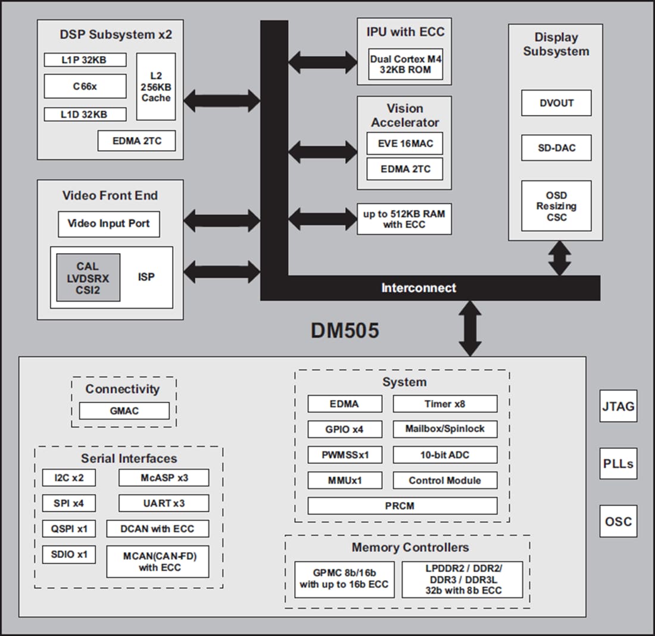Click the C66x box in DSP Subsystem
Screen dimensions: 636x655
pos(85,86)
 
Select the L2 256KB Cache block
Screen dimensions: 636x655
pos(156,86)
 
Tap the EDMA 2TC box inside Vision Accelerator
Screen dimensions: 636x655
pos(405,169)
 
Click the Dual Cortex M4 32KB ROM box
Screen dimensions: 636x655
pos(406,64)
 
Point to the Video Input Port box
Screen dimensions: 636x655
pos(108,224)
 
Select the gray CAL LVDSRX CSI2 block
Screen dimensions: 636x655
pos(88,278)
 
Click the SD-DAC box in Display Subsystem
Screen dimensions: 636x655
pos(556,148)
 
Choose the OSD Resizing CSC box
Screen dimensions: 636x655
pos(556,206)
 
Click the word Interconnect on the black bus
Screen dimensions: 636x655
pos(419,288)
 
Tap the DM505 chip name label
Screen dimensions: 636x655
pos(345,331)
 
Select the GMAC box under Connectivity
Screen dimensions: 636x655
pos(124,411)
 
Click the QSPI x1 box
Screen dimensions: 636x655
pos(68,529)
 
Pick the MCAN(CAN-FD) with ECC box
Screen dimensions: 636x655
pos(158,562)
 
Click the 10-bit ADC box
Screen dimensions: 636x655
pos(445,455)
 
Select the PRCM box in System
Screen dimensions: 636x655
pos(402,506)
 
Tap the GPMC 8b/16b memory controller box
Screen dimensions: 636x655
pos(344,579)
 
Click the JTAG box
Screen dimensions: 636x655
pos(618,407)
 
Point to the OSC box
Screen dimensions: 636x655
pos(618,522)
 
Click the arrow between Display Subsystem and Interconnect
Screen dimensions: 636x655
pos(559,258)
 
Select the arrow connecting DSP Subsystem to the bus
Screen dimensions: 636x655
pos(222,101)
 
